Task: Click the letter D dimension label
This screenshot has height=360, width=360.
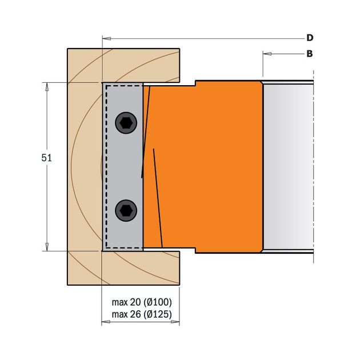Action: pos(310,38)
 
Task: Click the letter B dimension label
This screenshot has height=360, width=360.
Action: pos(310,54)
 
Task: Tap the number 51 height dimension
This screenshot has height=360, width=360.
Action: pos(47,158)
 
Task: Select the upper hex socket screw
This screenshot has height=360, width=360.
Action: pos(126,123)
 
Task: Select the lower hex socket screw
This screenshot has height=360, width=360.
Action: pos(126,210)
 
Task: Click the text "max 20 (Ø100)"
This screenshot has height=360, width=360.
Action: pos(142,302)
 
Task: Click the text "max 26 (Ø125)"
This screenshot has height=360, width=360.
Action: pos(142,314)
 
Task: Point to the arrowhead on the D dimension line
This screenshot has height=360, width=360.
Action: pos(106,39)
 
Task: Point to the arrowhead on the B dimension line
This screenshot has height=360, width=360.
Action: pos(267,54)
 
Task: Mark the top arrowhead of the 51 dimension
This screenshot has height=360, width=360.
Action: pos(47,87)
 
